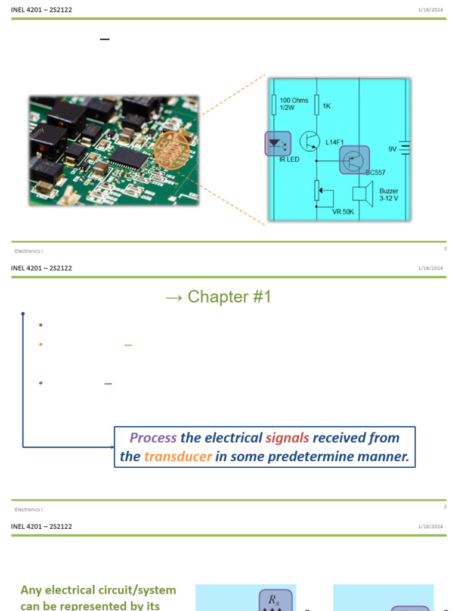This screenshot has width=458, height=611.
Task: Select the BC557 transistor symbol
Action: click(x=354, y=159)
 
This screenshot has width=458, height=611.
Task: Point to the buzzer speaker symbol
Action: click(x=363, y=194)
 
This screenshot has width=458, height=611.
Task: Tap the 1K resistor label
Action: click(x=326, y=106)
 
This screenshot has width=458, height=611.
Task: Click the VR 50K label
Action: click(x=343, y=211)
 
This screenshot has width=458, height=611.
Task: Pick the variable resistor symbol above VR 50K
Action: click(x=318, y=192)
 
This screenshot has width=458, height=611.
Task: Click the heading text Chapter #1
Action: click(x=229, y=297)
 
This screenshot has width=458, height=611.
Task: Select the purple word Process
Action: click(x=153, y=437)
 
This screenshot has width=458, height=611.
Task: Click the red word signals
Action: click(x=287, y=437)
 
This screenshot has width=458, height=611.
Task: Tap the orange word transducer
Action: click(x=178, y=457)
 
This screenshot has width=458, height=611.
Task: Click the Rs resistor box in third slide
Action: click(x=275, y=599)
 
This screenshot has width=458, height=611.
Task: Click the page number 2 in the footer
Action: click(x=445, y=507)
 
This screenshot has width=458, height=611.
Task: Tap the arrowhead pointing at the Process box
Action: click(x=111, y=446)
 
